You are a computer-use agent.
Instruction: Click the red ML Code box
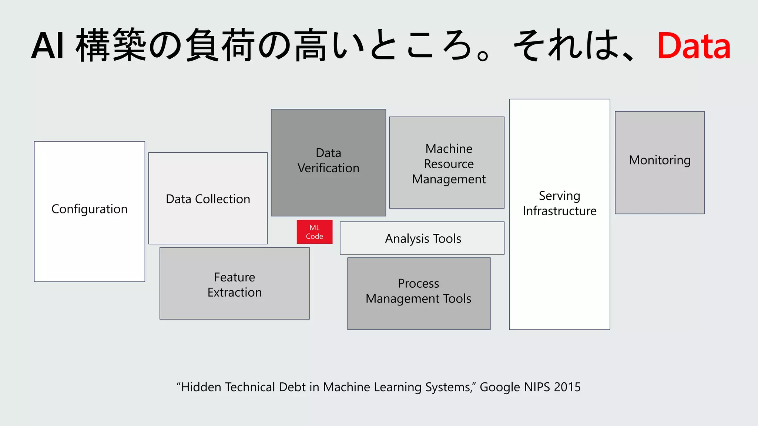(x=314, y=232)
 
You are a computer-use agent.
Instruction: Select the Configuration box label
(x=89, y=209)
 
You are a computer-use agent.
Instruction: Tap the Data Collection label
(x=208, y=199)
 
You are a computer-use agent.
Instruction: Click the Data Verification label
(x=328, y=160)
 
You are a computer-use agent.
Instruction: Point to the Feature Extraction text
(x=234, y=285)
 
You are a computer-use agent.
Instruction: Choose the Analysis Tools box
(x=422, y=239)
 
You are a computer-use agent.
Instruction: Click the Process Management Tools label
(x=418, y=291)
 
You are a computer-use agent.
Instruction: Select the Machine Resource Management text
(x=449, y=164)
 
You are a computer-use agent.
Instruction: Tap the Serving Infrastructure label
(x=559, y=203)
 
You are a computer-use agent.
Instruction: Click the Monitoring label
(x=660, y=160)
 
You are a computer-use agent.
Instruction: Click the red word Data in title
(x=694, y=46)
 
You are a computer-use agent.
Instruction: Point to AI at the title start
(x=47, y=46)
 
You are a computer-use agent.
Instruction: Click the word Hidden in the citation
(x=201, y=387)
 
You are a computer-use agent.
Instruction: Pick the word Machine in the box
(x=449, y=149)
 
